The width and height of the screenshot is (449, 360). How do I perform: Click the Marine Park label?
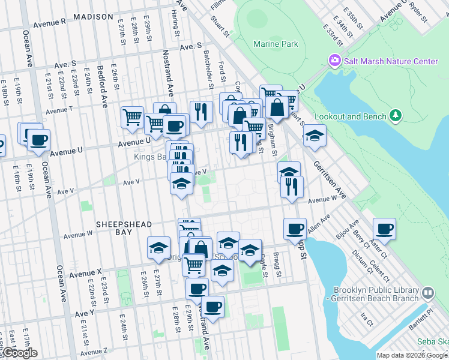[x=276, y=44]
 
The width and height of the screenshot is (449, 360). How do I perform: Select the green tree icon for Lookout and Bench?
[x=395, y=115]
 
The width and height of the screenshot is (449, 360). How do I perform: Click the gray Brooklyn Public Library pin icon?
[x=427, y=293]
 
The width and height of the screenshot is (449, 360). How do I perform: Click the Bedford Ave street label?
[x=103, y=85]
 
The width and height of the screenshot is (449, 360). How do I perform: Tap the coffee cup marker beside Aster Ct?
[x=384, y=229]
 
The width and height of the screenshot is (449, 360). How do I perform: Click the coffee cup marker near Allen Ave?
[x=295, y=229]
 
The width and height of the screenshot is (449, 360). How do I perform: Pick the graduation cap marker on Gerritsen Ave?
[x=314, y=136]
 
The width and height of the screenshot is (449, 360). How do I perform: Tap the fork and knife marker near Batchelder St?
[x=201, y=111]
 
